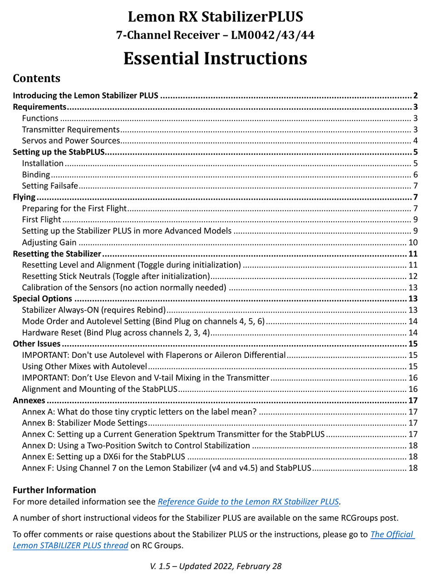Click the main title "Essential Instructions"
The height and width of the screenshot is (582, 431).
pos(215,59)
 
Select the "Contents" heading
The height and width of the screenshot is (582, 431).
pos(36,78)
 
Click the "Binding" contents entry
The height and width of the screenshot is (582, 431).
pos(36,175)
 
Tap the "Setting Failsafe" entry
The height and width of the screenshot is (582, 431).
pos(50,186)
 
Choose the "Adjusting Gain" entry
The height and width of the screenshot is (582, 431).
pos(49,242)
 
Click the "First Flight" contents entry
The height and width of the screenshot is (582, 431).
pos(41,220)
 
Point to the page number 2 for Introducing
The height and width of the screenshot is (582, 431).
pos(415,96)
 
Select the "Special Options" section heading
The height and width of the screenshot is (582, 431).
pos(42,298)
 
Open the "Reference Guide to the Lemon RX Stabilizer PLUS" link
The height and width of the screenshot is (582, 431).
pos(248,502)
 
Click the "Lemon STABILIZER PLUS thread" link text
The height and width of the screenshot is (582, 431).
pos(70,545)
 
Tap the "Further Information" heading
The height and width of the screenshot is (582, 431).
pos(54,490)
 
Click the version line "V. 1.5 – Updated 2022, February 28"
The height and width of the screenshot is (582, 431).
pos(215,566)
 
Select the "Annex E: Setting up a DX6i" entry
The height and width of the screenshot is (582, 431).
pos(103,456)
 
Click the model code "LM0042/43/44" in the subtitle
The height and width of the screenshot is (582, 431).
pos(273,35)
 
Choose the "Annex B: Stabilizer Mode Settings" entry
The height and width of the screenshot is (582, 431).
pos(84,423)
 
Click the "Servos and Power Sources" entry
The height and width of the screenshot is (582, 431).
pos(71,141)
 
